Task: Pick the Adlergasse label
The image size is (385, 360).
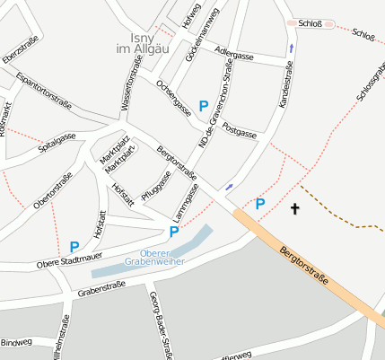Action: [x=236, y=54]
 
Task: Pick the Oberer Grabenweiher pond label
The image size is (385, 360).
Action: [x=162, y=257]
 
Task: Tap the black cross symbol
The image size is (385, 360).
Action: [x=294, y=209]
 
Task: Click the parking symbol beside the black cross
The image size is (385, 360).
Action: [x=260, y=204]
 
